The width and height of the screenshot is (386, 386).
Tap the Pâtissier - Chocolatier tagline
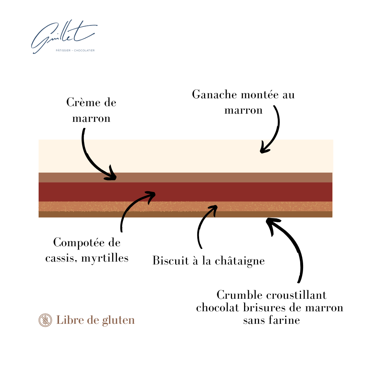(75, 50)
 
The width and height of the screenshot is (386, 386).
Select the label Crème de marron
(91, 110)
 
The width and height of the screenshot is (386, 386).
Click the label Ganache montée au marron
(243, 102)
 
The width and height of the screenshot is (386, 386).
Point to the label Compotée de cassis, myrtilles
(87, 250)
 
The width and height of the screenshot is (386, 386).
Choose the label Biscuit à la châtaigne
(209, 261)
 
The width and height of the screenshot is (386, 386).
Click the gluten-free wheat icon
(45, 320)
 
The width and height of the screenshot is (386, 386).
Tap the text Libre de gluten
(95, 320)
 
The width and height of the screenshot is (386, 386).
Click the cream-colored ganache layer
(186, 156)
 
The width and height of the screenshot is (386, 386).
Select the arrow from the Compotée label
(132, 207)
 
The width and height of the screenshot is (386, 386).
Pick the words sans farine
(271, 320)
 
